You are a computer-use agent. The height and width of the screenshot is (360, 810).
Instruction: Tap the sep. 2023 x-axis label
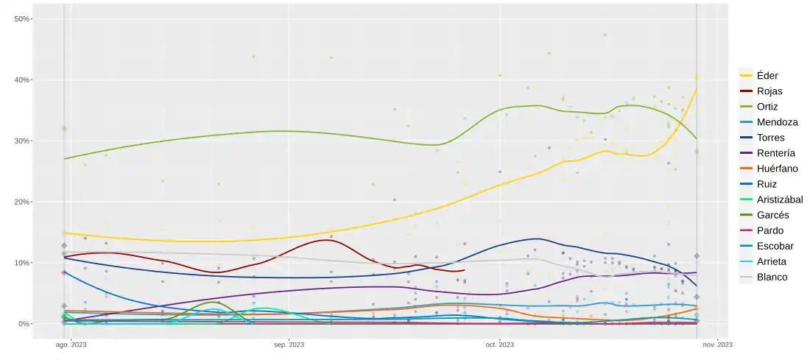[x=289, y=345]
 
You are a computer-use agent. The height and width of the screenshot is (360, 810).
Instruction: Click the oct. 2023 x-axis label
[x=499, y=345]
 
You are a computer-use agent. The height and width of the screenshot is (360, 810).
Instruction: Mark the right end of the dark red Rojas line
[x=464, y=270]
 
